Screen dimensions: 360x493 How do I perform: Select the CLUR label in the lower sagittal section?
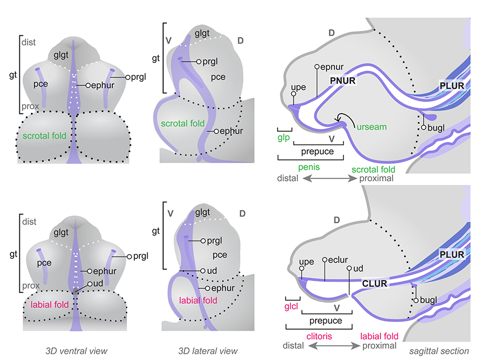coord(375,283)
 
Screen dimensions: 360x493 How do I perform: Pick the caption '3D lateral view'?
coord(208,351)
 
